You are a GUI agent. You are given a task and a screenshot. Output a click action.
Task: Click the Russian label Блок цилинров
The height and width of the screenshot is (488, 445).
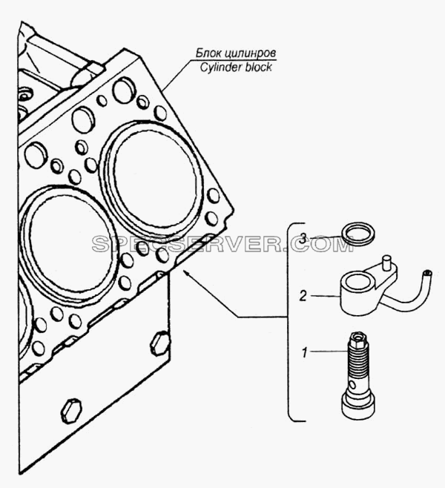(236, 53)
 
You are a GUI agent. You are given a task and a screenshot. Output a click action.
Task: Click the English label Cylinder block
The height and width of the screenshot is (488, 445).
(236, 67)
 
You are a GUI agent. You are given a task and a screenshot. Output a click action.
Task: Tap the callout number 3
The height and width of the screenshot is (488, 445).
(303, 239)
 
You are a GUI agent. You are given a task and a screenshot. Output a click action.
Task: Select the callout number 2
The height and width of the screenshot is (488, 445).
(303, 296)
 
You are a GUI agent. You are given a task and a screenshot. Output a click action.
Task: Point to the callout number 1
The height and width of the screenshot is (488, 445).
(305, 352)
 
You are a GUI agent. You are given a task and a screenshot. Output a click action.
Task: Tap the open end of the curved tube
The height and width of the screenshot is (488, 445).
(427, 274)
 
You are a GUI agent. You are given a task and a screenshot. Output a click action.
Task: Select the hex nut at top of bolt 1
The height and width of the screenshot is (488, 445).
(358, 337)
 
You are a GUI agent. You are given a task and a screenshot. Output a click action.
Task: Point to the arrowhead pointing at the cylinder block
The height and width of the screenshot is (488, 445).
(187, 274)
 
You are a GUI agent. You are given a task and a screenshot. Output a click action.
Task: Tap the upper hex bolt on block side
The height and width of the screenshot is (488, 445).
(160, 343)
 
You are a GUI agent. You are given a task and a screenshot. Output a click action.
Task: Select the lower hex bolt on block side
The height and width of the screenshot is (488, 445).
(71, 411)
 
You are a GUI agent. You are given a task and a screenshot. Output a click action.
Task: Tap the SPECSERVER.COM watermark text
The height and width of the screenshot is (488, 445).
(223, 244)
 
